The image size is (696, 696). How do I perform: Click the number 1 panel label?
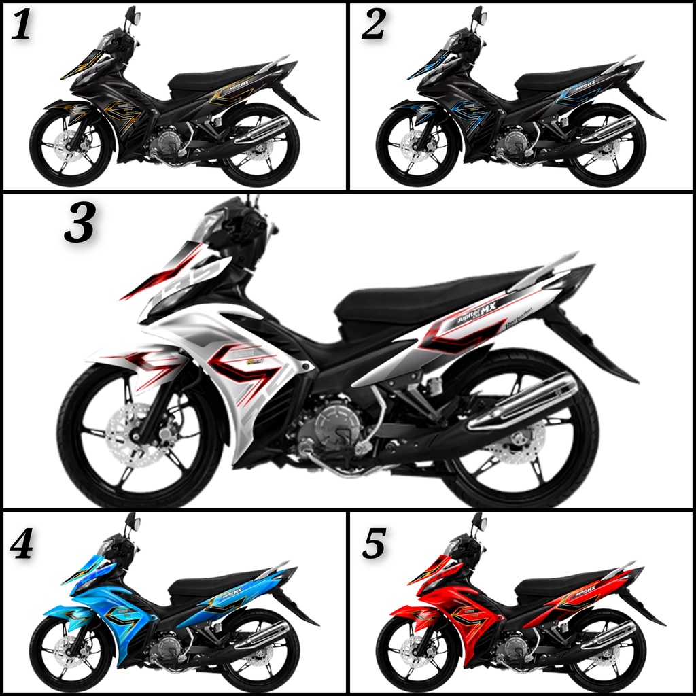[x=20, y=25]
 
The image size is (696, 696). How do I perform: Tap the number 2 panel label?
[x=373, y=25]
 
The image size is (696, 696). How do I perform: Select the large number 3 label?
[x=79, y=224]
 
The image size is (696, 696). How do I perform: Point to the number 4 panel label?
[x=20, y=544]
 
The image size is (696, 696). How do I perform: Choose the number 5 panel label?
[x=374, y=544]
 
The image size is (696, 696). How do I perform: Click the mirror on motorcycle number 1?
[x=131, y=16]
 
